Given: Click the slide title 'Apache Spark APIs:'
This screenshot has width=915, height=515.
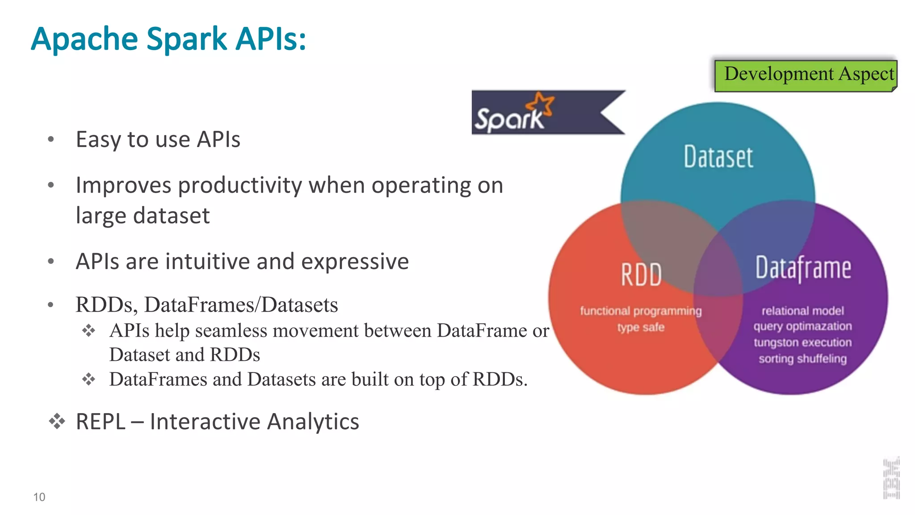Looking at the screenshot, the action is point(168,39).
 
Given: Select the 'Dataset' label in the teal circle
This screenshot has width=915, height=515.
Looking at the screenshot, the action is point(718,157).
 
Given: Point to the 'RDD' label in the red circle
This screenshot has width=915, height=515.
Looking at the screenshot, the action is point(641,274).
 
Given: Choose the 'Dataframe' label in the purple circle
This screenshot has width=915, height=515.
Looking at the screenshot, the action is point(803,268).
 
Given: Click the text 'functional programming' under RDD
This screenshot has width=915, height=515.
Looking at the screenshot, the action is point(641,311).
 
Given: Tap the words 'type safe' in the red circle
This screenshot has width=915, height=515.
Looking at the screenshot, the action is point(641,328).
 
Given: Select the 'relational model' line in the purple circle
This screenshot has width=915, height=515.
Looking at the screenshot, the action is point(802,311).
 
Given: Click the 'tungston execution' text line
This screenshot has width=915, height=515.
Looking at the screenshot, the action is point(802,343).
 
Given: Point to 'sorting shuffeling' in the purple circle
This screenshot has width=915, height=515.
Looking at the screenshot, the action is point(802,359).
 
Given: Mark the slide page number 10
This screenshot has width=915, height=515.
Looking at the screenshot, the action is point(39,497).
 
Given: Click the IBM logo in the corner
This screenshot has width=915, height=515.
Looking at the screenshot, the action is point(891,478).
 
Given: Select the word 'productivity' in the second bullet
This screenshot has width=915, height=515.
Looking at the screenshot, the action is point(240,186).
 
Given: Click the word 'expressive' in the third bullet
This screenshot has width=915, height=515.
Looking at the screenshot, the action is point(355,262).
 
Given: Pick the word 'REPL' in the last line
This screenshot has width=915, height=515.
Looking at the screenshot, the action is point(101,422).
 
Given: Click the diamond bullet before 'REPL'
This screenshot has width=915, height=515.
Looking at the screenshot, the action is point(57,421).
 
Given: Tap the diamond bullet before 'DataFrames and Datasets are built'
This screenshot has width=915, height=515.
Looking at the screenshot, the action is point(88,380).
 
